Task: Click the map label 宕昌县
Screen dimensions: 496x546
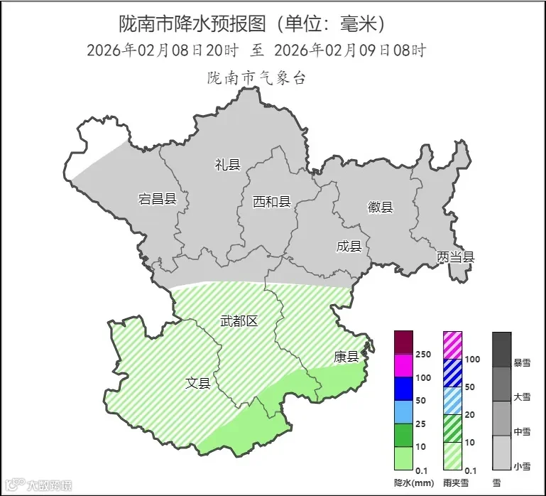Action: coord(157,199)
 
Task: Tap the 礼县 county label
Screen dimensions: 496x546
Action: coord(227,165)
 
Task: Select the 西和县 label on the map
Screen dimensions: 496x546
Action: coord(272,202)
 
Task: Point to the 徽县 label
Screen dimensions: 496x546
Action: coord(380,207)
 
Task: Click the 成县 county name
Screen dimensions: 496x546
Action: coord(349,247)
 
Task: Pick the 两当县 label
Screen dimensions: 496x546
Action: coord(455,257)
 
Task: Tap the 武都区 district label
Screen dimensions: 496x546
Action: coord(239,320)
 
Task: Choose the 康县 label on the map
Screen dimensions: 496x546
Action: coord(346,357)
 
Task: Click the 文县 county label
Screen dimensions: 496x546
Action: coord(198,383)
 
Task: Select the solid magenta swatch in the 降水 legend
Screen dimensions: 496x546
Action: coord(404,365)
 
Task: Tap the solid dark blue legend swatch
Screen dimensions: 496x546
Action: coord(404,389)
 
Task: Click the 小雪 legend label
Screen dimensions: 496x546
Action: coord(522,466)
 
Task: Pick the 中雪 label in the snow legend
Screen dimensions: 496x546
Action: coord(522,431)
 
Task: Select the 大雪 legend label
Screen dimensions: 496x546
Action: coord(522,397)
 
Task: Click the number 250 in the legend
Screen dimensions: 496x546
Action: coord(424,355)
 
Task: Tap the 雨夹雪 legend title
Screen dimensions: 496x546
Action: coord(454,483)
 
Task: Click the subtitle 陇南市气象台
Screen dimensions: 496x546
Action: coord(256,78)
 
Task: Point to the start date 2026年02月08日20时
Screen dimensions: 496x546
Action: coord(163,50)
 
